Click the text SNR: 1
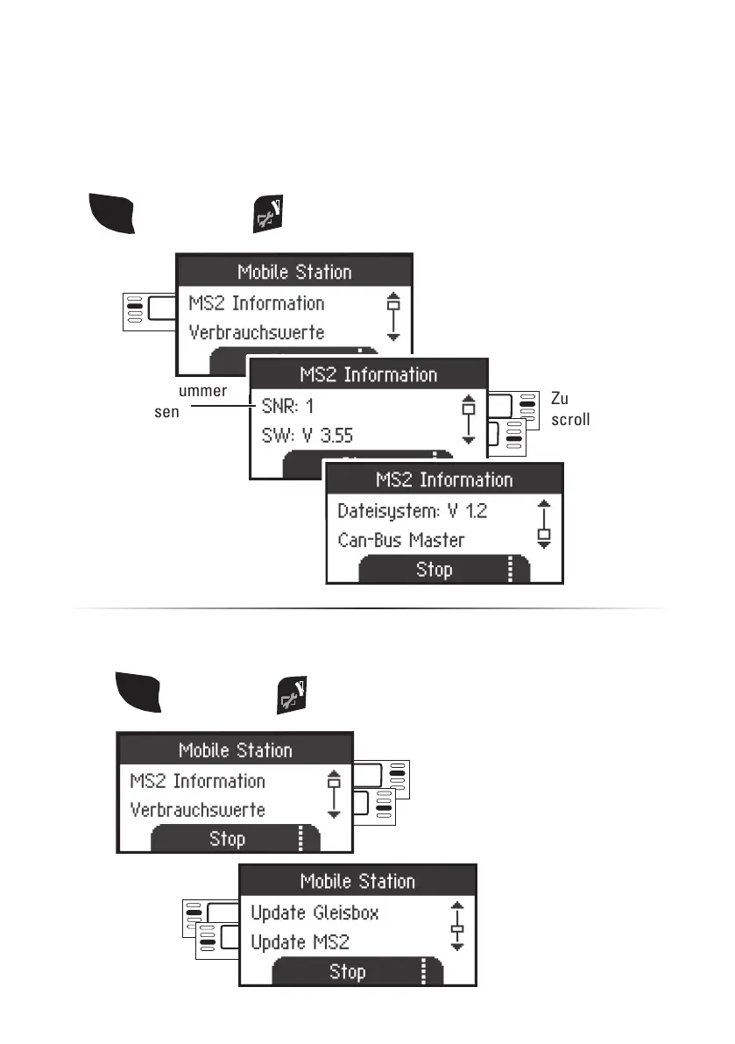(x=288, y=407)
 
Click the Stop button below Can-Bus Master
(x=435, y=570)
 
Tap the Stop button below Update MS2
(x=348, y=972)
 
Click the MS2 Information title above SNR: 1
(x=368, y=375)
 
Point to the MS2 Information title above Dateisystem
(x=443, y=480)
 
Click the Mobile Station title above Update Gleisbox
(x=357, y=882)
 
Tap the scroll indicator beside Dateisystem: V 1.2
(x=544, y=524)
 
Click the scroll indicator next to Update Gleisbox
(x=456, y=927)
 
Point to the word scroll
(x=570, y=420)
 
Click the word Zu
(x=560, y=398)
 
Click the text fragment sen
(x=166, y=410)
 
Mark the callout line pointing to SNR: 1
(x=220, y=407)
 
